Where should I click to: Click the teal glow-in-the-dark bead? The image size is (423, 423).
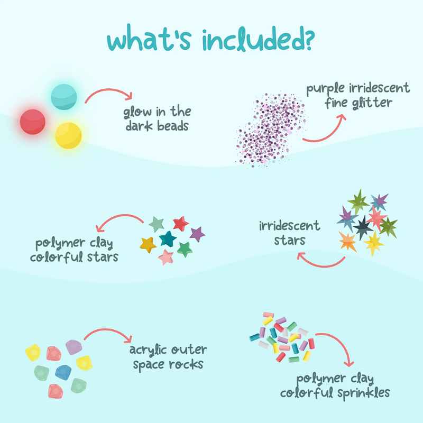tap(64, 97)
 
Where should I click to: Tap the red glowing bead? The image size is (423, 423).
tap(33, 122)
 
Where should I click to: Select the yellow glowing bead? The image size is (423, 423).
tap(68, 135)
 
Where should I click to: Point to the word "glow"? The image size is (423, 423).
tap(137, 112)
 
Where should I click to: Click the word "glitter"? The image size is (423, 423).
tap(372, 103)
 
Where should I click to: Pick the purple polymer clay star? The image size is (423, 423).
tap(197, 234)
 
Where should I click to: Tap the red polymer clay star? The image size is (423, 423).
tap(181, 224)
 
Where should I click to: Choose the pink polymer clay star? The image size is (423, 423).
tap(166, 257)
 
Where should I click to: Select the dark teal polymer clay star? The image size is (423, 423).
tap(168, 239)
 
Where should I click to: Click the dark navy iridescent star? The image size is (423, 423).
tap(363, 228)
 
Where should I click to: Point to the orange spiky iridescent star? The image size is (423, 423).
tap(348, 242)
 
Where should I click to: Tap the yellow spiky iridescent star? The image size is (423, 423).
tap(373, 243)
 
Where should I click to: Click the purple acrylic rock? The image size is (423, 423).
tap(73, 347)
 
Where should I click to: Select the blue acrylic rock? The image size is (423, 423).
tap(63, 373)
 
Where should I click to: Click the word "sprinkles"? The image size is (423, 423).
tap(364, 393)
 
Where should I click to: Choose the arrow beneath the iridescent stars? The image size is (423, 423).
tap(321, 265)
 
